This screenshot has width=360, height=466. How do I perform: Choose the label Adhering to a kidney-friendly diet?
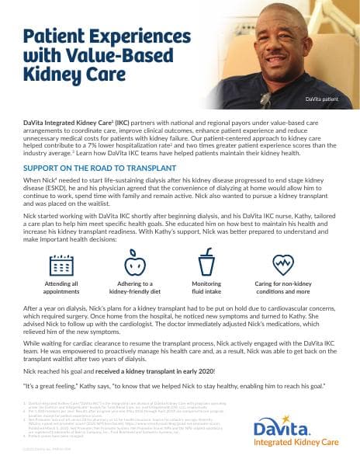133,289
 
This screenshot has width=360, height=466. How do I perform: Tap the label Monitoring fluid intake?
206,289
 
